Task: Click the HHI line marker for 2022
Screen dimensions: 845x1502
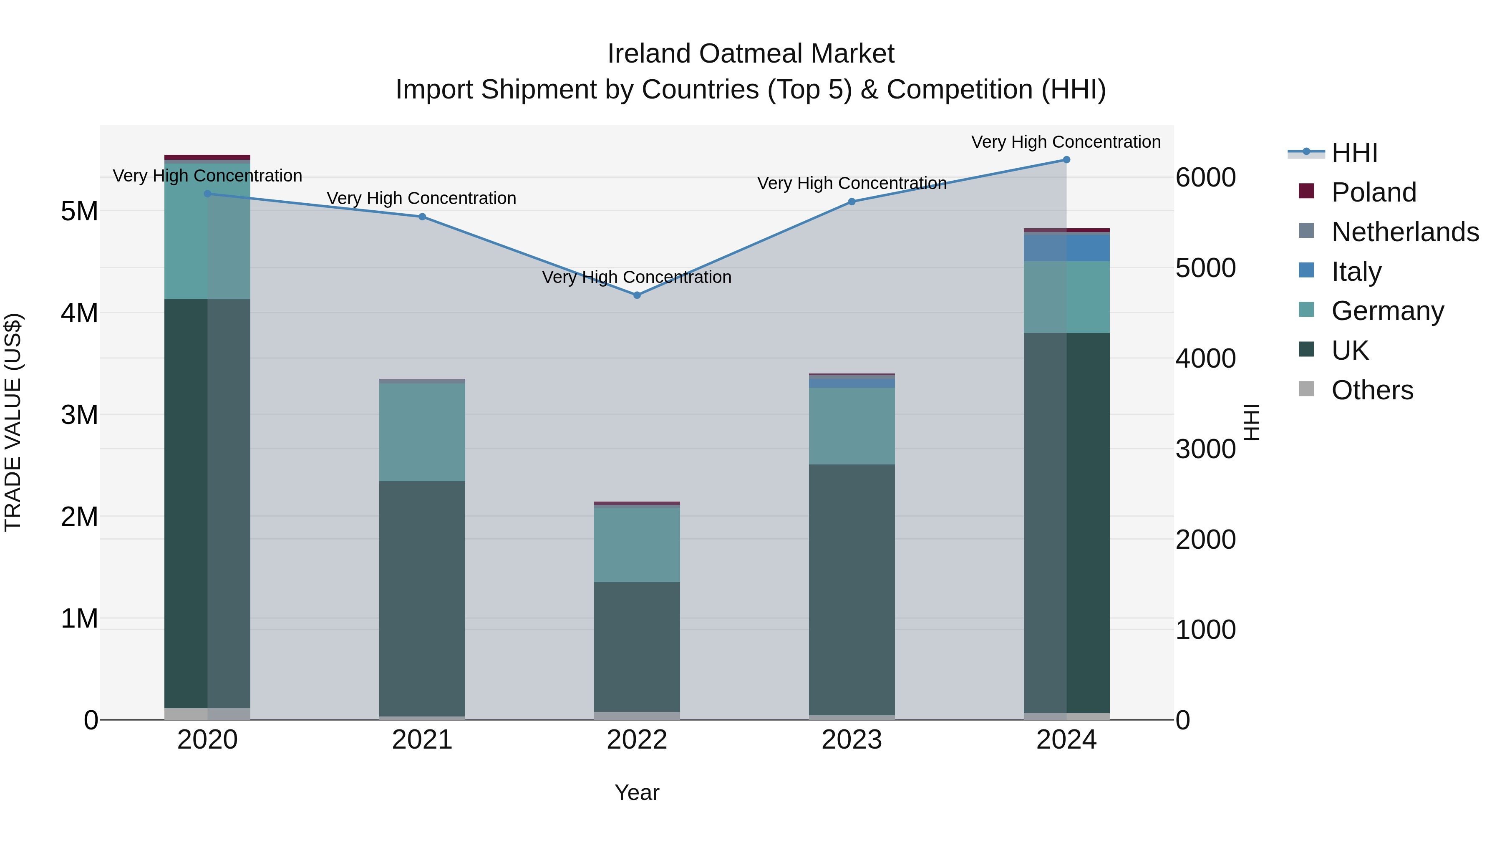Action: click(637, 295)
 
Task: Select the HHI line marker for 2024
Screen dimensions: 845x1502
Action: click(1066, 160)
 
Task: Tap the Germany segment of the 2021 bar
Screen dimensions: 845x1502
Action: click(422, 431)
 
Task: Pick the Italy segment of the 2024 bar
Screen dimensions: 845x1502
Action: click(1066, 248)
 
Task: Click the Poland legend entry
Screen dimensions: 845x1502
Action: click(1373, 192)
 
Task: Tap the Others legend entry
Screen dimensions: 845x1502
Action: click(1372, 390)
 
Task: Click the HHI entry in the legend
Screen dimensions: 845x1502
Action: click(1354, 153)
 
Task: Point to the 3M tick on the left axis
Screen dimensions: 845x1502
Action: click(79, 415)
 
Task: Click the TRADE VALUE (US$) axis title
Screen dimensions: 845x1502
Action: click(13, 422)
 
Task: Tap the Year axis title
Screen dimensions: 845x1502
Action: click(637, 792)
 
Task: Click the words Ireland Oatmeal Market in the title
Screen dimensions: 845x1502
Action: click(751, 54)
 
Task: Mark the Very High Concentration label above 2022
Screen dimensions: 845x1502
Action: click(637, 277)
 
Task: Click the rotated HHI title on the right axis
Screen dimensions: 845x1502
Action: click(1251, 422)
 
